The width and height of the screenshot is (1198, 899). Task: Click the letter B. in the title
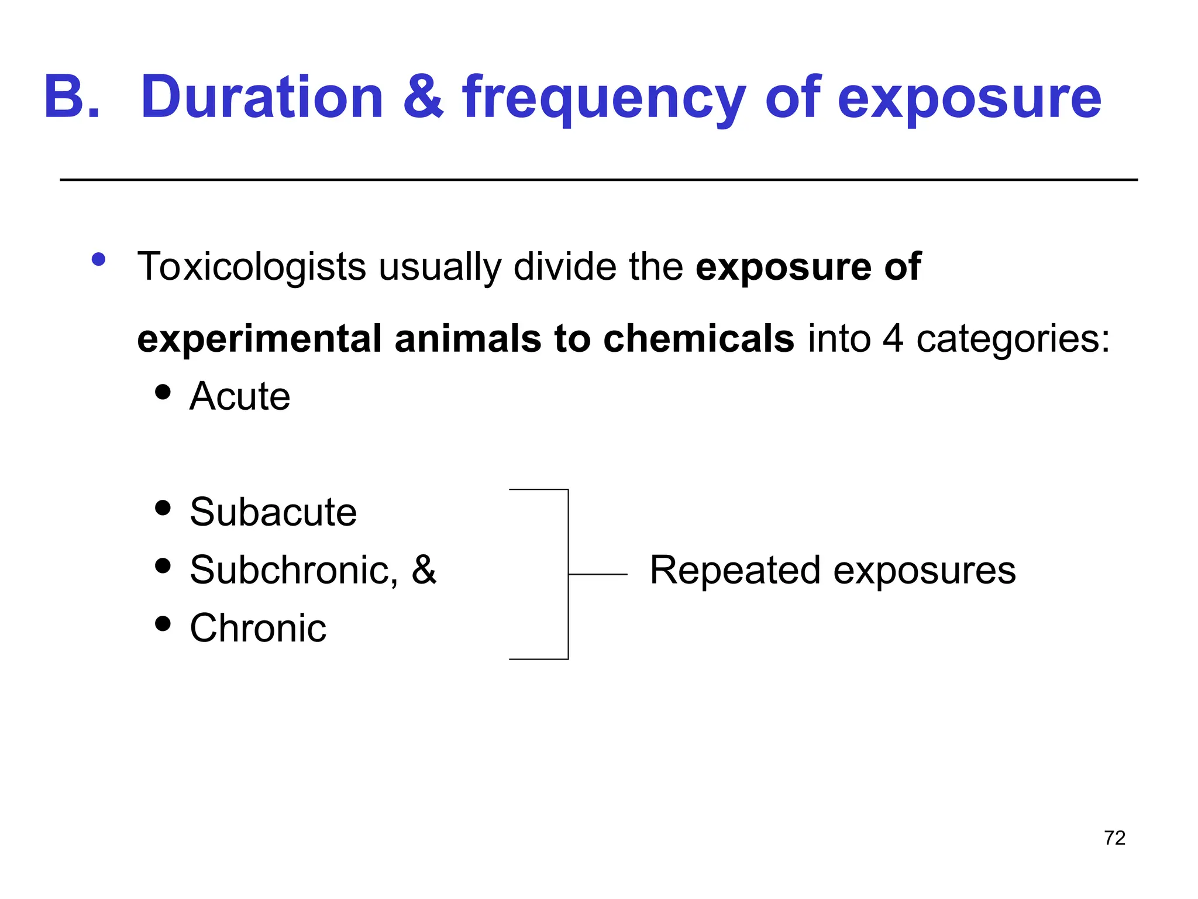71,97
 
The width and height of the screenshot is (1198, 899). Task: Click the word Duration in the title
261,97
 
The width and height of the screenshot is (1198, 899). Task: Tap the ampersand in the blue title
423,97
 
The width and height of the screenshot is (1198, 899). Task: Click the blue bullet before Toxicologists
98,259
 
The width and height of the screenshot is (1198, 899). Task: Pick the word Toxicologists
251,267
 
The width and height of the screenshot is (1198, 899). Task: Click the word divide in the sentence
564,267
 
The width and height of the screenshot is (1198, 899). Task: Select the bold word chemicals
698,338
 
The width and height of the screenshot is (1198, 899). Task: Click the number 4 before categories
893,338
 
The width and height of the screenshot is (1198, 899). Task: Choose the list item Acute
240,396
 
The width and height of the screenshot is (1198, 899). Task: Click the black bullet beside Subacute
163,508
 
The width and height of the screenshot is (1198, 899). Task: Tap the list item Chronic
258,628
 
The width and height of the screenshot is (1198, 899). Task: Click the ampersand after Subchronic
424,569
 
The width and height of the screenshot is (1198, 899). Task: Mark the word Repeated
735,571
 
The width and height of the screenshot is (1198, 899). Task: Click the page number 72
1114,838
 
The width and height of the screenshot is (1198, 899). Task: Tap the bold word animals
468,338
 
